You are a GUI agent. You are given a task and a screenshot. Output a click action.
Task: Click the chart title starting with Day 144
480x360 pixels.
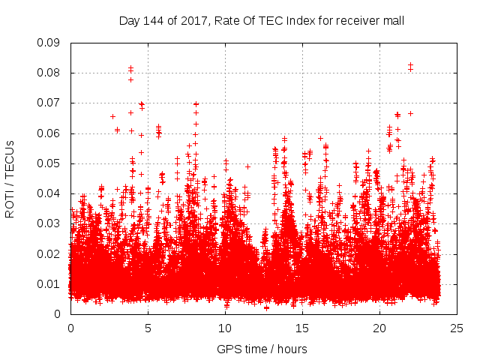(x=262, y=20)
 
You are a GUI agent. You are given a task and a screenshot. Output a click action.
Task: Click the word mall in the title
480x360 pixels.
(x=393, y=20)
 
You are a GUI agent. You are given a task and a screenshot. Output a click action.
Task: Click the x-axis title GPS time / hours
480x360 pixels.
(x=262, y=349)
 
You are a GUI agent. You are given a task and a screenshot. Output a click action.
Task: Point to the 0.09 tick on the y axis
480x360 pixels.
(x=49, y=43)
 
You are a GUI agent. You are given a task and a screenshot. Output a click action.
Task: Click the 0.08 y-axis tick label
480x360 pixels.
(x=49, y=73)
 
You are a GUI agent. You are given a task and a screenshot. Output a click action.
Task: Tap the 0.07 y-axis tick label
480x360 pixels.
(x=49, y=103)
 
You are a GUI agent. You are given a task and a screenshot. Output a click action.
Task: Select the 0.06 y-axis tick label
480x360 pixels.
(x=49, y=133)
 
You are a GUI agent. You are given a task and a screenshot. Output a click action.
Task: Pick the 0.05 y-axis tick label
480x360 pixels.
(x=49, y=163)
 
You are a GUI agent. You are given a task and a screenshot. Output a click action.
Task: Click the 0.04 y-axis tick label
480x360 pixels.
(x=49, y=193)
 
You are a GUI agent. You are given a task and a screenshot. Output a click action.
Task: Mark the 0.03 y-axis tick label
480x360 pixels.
(x=49, y=223)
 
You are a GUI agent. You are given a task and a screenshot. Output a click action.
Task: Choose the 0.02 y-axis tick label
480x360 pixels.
(x=49, y=253)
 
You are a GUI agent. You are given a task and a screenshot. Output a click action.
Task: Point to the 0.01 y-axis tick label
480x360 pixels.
(x=49, y=283)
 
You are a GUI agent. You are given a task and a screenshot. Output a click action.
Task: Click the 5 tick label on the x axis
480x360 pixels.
(x=148, y=328)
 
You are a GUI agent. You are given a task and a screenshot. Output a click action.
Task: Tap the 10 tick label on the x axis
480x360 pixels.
(x=225, y=328)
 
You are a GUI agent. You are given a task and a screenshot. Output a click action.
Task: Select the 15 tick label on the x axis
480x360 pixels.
(x=302, y=328)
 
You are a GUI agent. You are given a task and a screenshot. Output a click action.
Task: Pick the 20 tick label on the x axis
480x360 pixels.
(x=379, y=328)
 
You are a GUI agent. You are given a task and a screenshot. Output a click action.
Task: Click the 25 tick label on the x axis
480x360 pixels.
(x=457, y=328)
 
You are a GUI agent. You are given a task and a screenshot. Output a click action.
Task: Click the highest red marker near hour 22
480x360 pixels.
(x=410, y=65)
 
